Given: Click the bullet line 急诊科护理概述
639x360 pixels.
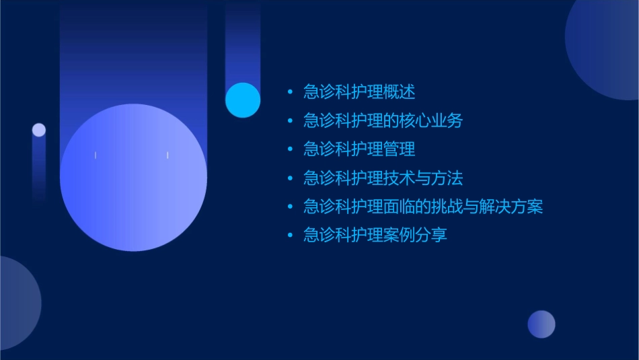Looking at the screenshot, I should pyautogui.click(x=359, y=92).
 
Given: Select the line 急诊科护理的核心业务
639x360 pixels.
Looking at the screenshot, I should pyautogui.click(x=383, y=120).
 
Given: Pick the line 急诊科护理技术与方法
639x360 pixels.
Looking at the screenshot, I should pyautogui.click(x=383, y=178).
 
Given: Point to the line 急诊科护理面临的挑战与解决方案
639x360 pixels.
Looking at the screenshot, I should pyautogui.click(x=422, y=207).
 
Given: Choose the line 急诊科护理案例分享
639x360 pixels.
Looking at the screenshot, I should pyautogui.click(x=375, y=236).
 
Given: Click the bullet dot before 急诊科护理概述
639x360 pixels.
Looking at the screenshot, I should pyautogui.click(x=290, y=92).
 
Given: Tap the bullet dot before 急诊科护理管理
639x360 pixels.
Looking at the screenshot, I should pyautogui.click(x=290, y=149).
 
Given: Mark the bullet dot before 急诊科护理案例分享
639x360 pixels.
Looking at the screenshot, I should pyautogui.click(x=290, y=236).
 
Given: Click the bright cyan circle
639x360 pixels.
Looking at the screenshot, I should pyautogui.click(x=243, y=100).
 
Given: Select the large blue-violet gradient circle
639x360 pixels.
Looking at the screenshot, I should pyautogui.click(x=133, y=178).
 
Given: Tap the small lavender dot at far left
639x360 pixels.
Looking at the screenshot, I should pyautogui.click(x=39, y=130).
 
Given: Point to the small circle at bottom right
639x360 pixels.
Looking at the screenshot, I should pyautogui.click(x=541, y=324).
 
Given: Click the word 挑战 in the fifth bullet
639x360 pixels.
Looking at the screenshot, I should pyautogui.click(x=447, y=207).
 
